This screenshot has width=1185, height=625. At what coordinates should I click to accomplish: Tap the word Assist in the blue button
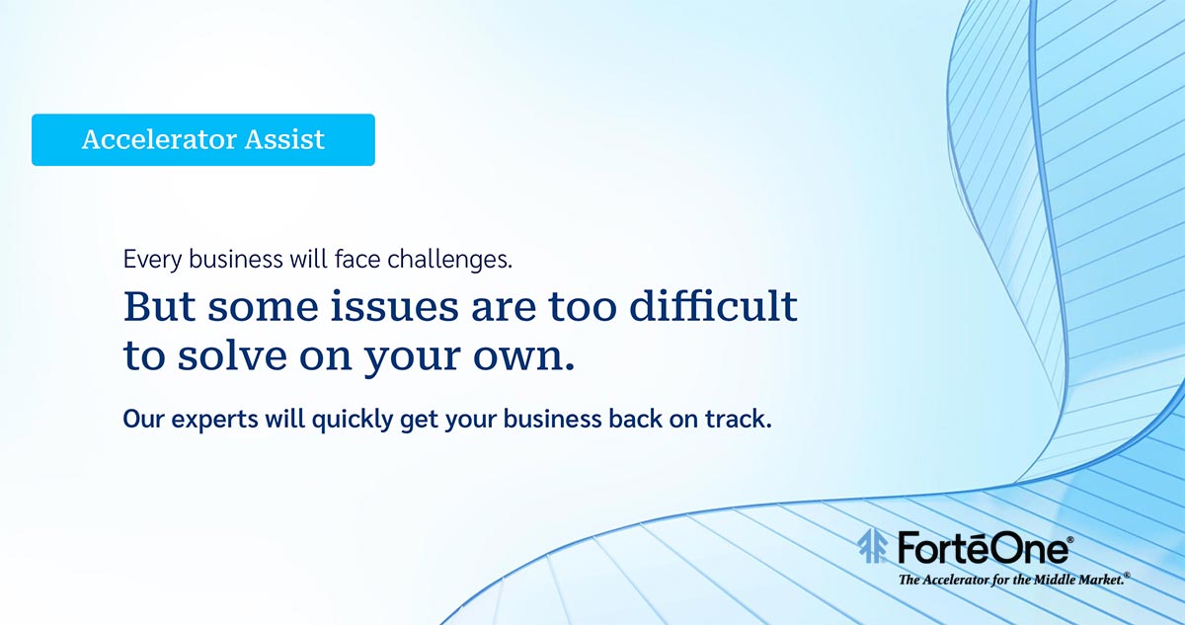(284, 139)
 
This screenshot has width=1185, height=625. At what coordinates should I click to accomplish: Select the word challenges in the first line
(449, 260)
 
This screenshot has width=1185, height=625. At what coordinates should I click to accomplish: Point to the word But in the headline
(159, 306)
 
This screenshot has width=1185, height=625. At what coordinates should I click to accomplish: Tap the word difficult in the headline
(714, 306)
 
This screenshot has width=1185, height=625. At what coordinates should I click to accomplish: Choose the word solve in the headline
(232, 355)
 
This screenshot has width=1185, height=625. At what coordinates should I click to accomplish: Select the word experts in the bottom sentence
(215, 420)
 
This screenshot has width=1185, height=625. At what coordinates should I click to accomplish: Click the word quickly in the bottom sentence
(353, 420)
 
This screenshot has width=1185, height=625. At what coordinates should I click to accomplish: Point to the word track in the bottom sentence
(738, 419)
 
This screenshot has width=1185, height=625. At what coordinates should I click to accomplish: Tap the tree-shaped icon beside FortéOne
(872, 546)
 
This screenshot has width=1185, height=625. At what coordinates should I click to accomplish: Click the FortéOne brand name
(983, 548)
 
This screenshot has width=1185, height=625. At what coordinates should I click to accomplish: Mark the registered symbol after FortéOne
(1070, 540)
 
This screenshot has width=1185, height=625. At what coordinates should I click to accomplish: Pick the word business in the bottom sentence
(552, 419)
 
